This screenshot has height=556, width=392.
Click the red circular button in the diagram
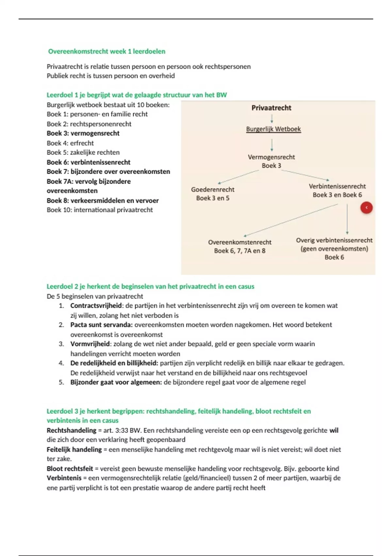367,208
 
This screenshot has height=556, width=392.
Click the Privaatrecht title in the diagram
271,108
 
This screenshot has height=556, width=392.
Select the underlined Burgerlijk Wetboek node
273,129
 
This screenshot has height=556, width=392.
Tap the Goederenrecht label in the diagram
213,189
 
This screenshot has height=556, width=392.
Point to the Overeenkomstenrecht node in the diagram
240,242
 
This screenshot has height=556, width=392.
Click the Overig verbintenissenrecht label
334,240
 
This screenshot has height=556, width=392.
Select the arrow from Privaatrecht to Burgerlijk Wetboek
272,118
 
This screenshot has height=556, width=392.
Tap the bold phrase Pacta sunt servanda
101,325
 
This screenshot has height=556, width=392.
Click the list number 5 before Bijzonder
61,382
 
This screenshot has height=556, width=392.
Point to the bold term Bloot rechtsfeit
70,468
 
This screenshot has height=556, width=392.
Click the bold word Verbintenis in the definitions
64,478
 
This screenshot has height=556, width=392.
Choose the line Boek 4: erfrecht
70,143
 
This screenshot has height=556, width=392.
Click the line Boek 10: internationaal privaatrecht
100,210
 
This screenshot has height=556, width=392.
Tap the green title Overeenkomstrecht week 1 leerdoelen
107,51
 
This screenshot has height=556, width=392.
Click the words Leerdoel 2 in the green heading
62,287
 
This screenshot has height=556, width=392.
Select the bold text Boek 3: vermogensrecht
83,133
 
